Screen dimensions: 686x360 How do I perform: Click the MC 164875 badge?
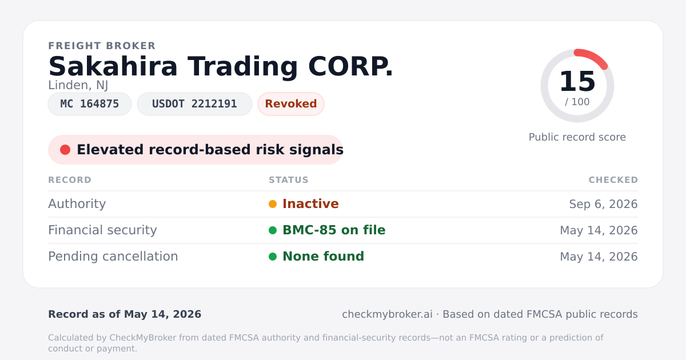(90, 104)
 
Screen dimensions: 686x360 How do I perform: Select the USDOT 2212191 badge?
(194, 104)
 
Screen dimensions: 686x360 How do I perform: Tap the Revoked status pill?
(291, 104)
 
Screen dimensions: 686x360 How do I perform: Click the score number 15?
(577, 81)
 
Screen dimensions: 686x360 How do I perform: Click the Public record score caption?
(577, 137)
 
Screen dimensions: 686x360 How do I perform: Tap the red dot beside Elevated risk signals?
(65, 150)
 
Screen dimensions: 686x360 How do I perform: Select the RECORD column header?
(70, 180)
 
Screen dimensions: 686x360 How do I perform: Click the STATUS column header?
(289, 180)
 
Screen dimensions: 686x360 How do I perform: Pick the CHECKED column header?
(613, 180)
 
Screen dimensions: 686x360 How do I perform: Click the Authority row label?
(77, 204)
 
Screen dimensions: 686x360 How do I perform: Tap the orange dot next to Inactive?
(273, 204)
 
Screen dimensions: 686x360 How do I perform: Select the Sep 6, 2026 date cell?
(603, 204)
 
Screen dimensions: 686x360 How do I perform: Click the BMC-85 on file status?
(334, 230)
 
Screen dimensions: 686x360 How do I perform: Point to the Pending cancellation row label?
(113, 257)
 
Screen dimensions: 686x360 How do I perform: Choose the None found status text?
(324, 257)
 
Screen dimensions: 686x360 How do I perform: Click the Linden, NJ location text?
(78, 85)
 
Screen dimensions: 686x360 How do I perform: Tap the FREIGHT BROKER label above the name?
(102, 46)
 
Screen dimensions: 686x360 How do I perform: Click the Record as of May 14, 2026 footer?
(125, 314)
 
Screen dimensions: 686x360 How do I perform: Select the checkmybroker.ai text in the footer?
(387, 314)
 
